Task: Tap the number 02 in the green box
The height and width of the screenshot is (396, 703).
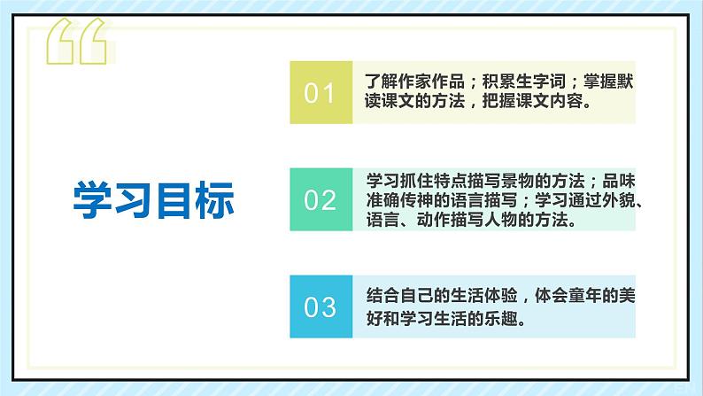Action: click(320, 200)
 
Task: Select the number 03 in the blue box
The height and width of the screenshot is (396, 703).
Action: click(320, 307)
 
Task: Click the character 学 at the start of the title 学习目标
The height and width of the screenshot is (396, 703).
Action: click(93, 199)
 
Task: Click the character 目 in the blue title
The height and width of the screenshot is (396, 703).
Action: click(174, 199)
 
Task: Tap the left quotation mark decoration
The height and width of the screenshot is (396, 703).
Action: click(76, 42)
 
